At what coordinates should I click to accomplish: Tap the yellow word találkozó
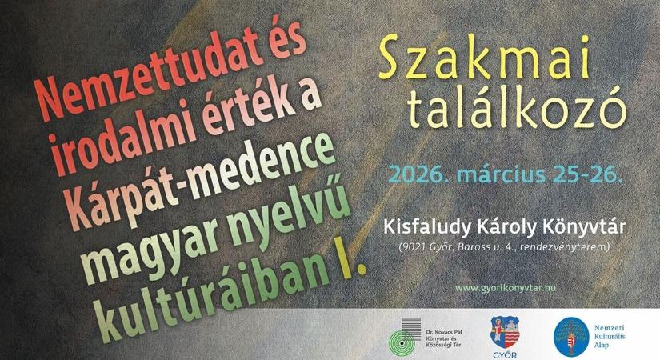[x=512, y=110]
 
